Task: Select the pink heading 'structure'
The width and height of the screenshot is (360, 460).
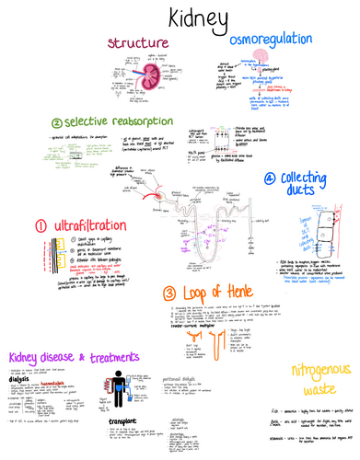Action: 138,43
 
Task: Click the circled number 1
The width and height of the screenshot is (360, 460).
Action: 41,225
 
